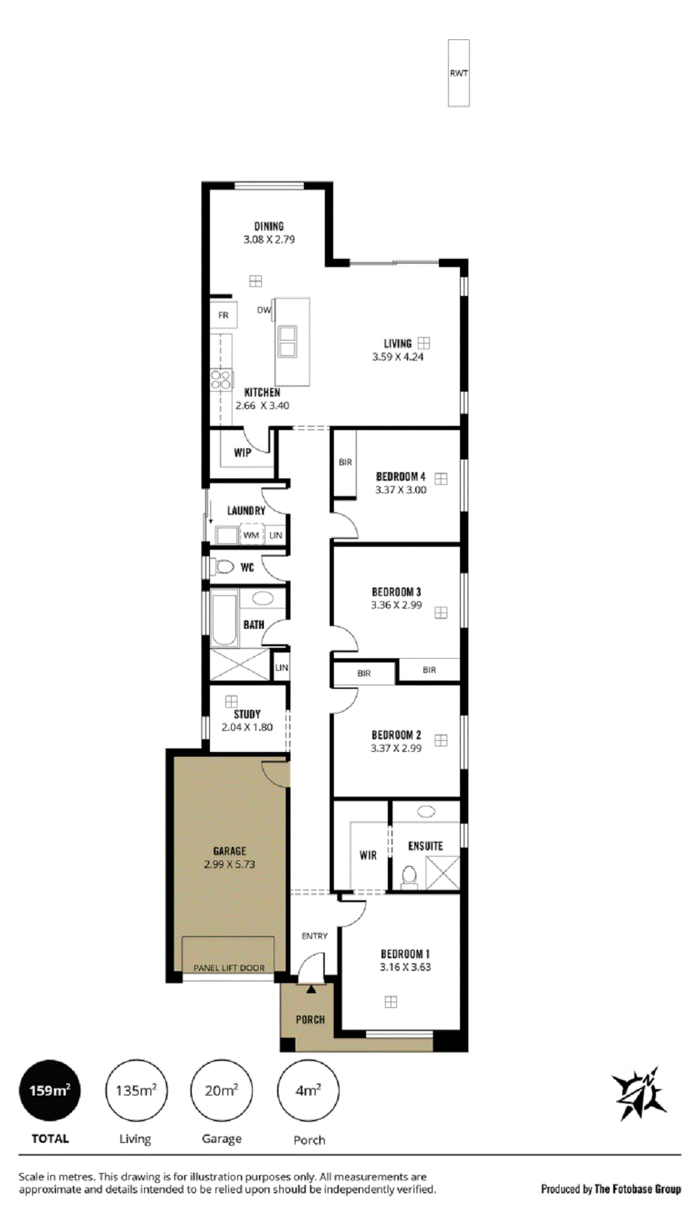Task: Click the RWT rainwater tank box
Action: [x=458, y=73]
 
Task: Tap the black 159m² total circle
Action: [x=49, y=1090]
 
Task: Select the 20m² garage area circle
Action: [x=221, y=1090]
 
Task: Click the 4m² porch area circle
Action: [x=308, y=1090]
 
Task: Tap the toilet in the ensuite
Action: [x=409, y=876]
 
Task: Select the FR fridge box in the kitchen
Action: [x=224, y=315]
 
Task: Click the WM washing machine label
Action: [x=251, y=535]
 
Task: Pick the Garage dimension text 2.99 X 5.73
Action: [x=230, y=865]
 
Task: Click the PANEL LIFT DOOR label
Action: [x=229, y=968]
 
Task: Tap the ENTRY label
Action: [x=314, y=936]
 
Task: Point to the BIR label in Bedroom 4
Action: [x=345, y=462]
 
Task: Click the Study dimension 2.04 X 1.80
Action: [x=247, y=727]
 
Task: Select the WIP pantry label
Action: [x=242, y=453]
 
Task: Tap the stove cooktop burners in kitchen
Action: [x=222, y=381]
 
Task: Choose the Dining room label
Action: [x=269, y=227]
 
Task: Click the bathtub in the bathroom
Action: [x=225, y=619]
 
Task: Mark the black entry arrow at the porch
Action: [x=311, y=988]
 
